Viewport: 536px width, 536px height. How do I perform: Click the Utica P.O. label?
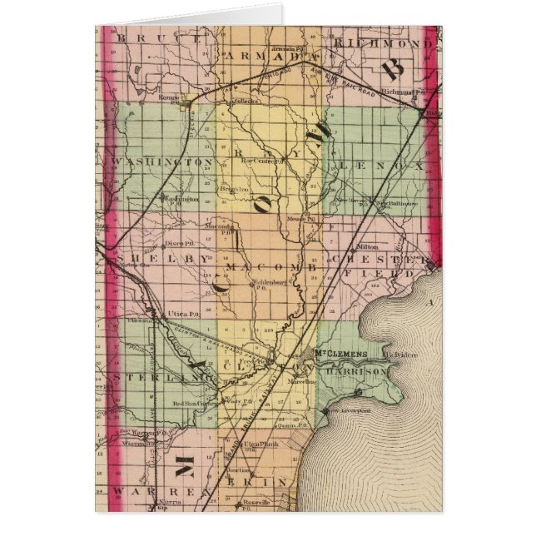point(182,313)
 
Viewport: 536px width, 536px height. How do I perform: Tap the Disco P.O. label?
point(178,243)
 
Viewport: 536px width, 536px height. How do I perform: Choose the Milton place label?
point(366,246)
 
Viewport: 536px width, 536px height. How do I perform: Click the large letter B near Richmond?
point(393,69)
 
